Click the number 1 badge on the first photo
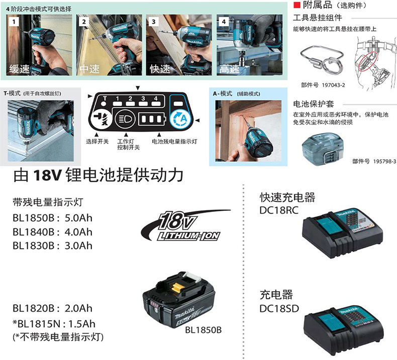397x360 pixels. point(14,22)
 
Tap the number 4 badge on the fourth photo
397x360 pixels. point(224,22)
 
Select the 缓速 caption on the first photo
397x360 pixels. point(20,69)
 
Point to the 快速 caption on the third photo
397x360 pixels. point(160,69)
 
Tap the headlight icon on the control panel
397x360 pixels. point(125,118)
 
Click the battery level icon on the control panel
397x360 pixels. point(152,118)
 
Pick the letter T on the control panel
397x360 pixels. point(105,98)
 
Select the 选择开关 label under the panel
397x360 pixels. point(97,142)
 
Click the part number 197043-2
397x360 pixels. point(334,85)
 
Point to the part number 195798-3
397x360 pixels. point(385,161)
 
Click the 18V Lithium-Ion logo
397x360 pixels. point(185,225)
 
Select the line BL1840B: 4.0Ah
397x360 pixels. point(52,232)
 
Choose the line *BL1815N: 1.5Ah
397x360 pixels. point(54,324)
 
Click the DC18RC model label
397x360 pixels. point(279,210)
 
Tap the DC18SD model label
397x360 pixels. point(279,309)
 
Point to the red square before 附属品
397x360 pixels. point(296,5)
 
